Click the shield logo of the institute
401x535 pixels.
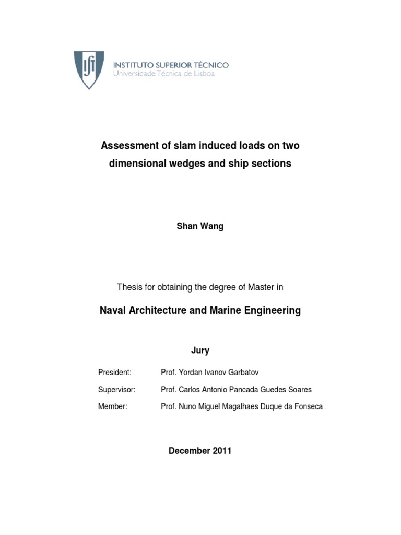89,69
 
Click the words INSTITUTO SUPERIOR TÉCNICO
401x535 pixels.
171,65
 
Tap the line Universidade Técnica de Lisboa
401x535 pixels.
164,74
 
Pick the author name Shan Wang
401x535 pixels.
200,227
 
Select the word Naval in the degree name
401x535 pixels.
112,310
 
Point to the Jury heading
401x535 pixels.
200,351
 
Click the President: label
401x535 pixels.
115,373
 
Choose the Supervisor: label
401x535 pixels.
117,390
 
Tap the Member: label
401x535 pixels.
113,406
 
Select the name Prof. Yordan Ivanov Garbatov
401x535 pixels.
210,373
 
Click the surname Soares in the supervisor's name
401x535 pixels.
299,390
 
